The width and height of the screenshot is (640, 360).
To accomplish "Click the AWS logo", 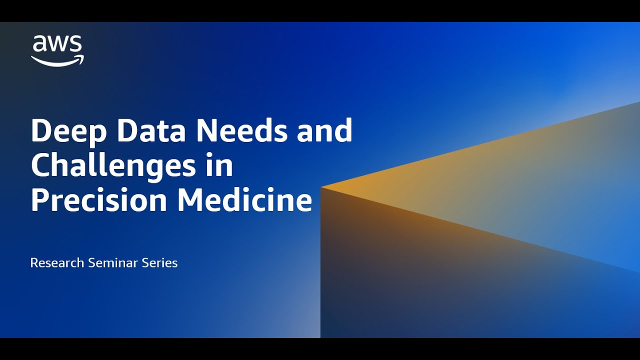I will (57, 50).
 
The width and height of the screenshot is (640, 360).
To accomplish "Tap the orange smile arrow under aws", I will (57, 61).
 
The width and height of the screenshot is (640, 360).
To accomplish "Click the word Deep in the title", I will (68, 131).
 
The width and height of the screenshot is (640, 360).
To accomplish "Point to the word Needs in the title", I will (241, 131).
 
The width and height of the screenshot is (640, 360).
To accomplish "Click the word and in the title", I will (325, 131).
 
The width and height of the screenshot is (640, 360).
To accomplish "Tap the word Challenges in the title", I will (113, 166).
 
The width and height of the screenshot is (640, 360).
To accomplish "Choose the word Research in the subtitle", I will (57, 262).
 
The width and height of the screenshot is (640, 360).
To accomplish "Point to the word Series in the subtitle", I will (160, 262).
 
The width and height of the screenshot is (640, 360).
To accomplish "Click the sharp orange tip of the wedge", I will (322, 187).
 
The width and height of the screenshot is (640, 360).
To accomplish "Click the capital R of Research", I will (34, 262).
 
